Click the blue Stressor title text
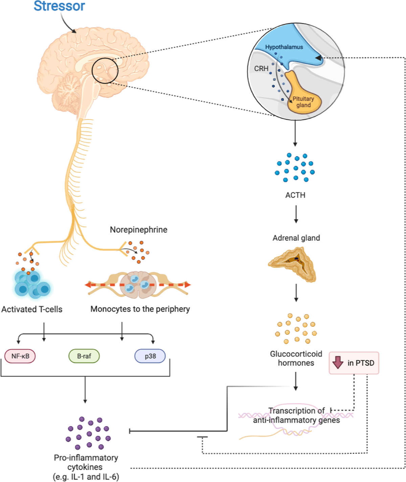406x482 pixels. pos(59,6)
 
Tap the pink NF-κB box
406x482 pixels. pos(20,356)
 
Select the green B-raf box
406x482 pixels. pos(84,356)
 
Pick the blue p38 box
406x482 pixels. pos(150,356)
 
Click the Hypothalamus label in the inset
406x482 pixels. pos(284,47)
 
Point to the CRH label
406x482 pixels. pos(261,69)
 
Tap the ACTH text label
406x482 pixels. pos(295,195)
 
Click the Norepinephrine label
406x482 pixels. pos(138,230)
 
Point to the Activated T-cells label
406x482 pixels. pos(32,309)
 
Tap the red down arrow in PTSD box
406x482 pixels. pos(338,363)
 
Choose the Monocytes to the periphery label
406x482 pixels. pos(140,309)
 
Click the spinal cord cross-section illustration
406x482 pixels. pos(138,285)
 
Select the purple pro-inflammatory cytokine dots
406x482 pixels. pos(89,433)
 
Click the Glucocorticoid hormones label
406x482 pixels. pos(296,358)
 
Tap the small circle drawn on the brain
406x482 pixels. pos(105,71)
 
